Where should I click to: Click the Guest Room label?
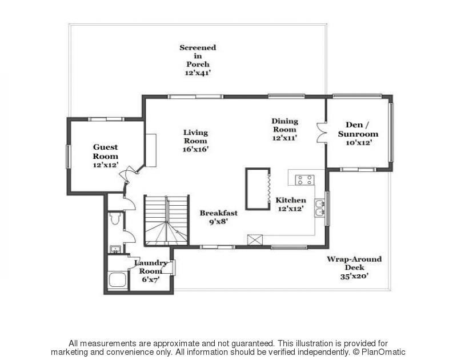pyautogui.click(x=106, y=156)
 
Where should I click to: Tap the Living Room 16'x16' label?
pyautogui.click(x=195, y=141)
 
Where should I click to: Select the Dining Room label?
pyautogui.click(x=284, y=129)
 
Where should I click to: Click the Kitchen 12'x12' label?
pyautogui.click(x=291, y=204)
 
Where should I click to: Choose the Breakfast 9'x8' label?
pyautogui.click(x=218, y=217)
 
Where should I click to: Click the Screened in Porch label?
pyautogui.click(x=198, y=60)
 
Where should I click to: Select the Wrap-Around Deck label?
pyautogui.click(x=354, y=267)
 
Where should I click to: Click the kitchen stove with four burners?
pyautogui.click(x=304, y=180)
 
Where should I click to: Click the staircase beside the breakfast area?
pyautogui.click(x=166, y=221)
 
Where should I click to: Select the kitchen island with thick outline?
pyautogui.click(x=258, y=189)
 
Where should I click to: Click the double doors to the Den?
pyautogui.click(x=320, y=132)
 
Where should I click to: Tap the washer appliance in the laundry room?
pyautogui.click(x=118, y=281)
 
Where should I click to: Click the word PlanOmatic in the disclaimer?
pyautogui.click(x=384, y=352)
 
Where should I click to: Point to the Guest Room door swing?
pyautogui.click(x=130, y=173)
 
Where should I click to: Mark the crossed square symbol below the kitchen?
pyautogui.click(x=254, y=240)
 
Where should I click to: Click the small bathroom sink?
pyautogui.click(x=114, y=249)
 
